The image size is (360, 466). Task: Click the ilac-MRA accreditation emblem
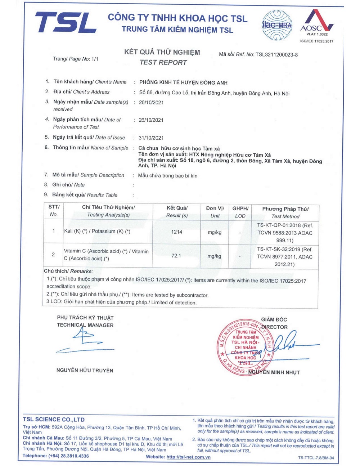pos(277,25)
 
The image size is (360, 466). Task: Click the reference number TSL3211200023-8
pos(276,55)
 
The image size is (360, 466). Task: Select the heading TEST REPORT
pos(163,62)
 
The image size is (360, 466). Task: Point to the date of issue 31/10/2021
pos(151,138)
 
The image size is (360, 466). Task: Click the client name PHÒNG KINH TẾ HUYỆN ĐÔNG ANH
pos(183,82)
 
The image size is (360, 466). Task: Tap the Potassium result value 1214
pos(177,232)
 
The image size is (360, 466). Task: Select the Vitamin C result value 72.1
pos(176,256)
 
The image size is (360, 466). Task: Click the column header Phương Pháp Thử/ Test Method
pos(285,212)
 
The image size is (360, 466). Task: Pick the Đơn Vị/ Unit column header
pos(215,212)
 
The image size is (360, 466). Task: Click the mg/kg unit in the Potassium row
pos(215,232)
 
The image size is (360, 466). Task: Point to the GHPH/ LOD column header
pos(240,212)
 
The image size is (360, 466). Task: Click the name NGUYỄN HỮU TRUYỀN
pos(85,370)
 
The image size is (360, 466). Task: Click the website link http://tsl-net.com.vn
pos(188,457)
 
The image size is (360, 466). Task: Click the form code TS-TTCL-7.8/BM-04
pos(316,458)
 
